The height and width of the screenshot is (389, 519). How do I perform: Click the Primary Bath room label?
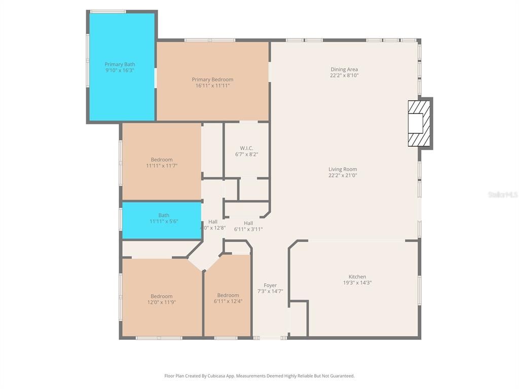120,64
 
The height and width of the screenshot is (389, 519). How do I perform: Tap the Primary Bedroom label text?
212,80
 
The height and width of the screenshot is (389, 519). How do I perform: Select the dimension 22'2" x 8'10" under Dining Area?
344,75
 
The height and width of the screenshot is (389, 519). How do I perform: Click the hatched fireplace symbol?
419,123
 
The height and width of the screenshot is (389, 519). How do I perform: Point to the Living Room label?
343,169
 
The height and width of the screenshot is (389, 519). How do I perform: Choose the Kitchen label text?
357,277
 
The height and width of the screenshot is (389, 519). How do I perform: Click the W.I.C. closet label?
246,148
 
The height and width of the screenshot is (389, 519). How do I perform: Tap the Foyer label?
270,285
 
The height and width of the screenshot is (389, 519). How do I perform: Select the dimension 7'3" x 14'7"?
270,291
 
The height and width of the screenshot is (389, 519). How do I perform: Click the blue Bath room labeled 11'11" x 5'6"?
163,219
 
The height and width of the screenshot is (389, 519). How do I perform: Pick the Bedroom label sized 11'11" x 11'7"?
161,160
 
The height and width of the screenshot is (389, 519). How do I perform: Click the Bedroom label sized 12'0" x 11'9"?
161,296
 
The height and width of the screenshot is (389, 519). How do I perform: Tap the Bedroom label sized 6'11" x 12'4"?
228,295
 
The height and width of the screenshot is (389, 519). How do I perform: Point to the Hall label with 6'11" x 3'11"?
248,223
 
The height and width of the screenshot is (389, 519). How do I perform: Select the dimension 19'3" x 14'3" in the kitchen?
357,283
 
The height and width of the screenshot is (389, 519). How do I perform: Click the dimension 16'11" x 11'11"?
212,86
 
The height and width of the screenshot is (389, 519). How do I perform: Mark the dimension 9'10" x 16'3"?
120,70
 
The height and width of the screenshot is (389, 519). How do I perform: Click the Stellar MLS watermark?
502,194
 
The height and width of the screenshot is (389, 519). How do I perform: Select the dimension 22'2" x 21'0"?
343,175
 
